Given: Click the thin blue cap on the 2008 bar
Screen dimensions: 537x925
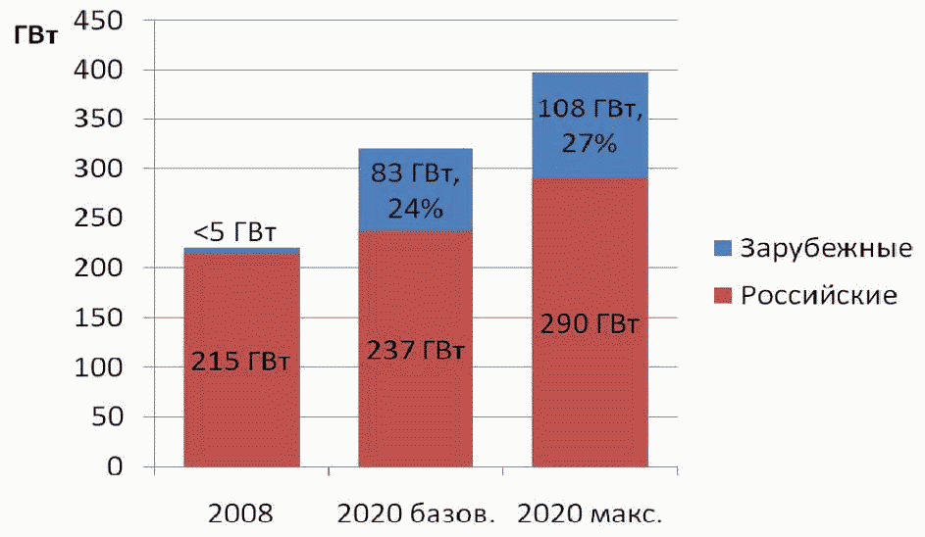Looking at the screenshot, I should click(241, 251).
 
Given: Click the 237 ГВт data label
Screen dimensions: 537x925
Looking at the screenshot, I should click(415, 350).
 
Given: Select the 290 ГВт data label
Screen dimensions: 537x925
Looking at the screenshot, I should click(590, 324).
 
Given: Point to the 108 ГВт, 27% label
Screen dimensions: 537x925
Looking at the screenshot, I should click(591, 125).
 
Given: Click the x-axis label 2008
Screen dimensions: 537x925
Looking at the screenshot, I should click(241, 513).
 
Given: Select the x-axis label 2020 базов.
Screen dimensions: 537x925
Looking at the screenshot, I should click(417, 513).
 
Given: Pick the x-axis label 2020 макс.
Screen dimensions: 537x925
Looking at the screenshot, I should click(591, 513).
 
